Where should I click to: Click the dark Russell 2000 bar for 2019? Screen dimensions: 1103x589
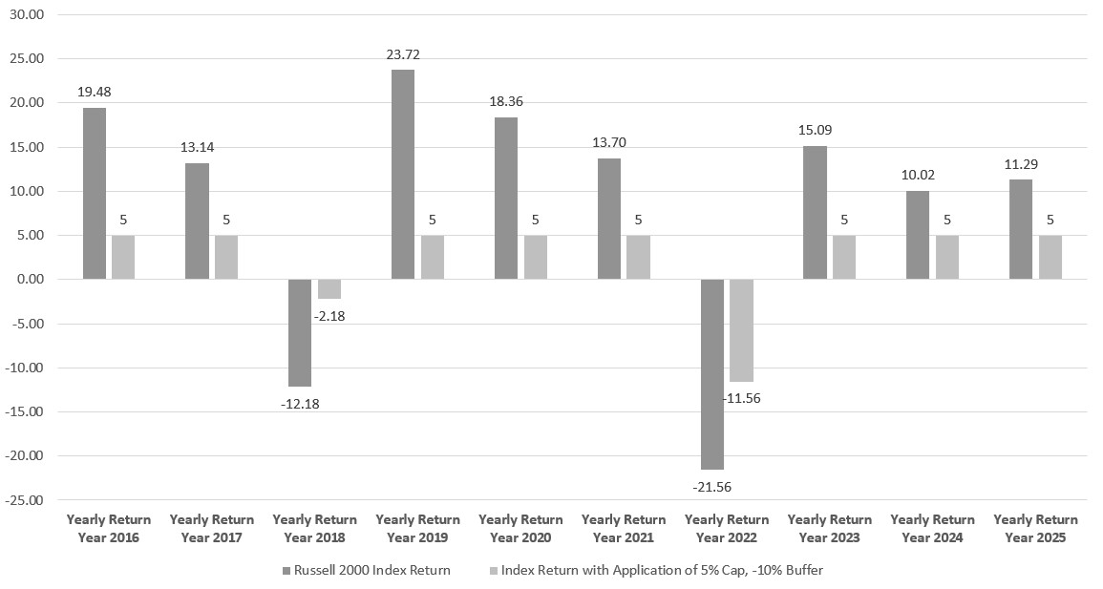pyautogui.click(x=403, y=175)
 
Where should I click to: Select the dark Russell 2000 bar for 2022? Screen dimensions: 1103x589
pyautogui.click(x=711, y=374)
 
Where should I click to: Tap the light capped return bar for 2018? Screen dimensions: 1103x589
pyautogui.click(x=329, y=289)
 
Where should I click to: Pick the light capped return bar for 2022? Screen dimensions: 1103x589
pyautogui.click(x=741, y=330)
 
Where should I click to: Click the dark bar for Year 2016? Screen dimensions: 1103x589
pyautogui.click(x=95, y=193)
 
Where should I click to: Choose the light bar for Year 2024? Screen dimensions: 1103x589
pyautogui.click(x=946, y=257)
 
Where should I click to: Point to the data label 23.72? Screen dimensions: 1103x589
pyautogui.click(x=403, y=54)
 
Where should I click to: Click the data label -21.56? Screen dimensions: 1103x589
pyautogui.click(x=711, y=487)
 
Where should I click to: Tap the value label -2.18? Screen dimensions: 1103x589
pyautogui.click(x=329, y=316)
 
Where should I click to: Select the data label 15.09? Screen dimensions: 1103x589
pyautogui.click(x=816, y=130)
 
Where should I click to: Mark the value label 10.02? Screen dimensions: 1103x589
pyautogui.click(x=918, y=175)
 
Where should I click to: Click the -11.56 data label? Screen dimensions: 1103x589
pyautogui.click(x=741, y=398)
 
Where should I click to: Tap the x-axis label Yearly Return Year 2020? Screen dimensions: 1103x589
pyautogui.click(x=520, y=529)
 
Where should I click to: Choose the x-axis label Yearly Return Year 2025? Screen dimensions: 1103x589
pyautogui.click(x=1035, y=529)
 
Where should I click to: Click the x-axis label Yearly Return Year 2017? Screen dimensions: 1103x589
pyautogui.click(x=212, y=529)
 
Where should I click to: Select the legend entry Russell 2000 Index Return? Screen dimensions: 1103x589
pyautogui.click(x=366, y=570)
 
